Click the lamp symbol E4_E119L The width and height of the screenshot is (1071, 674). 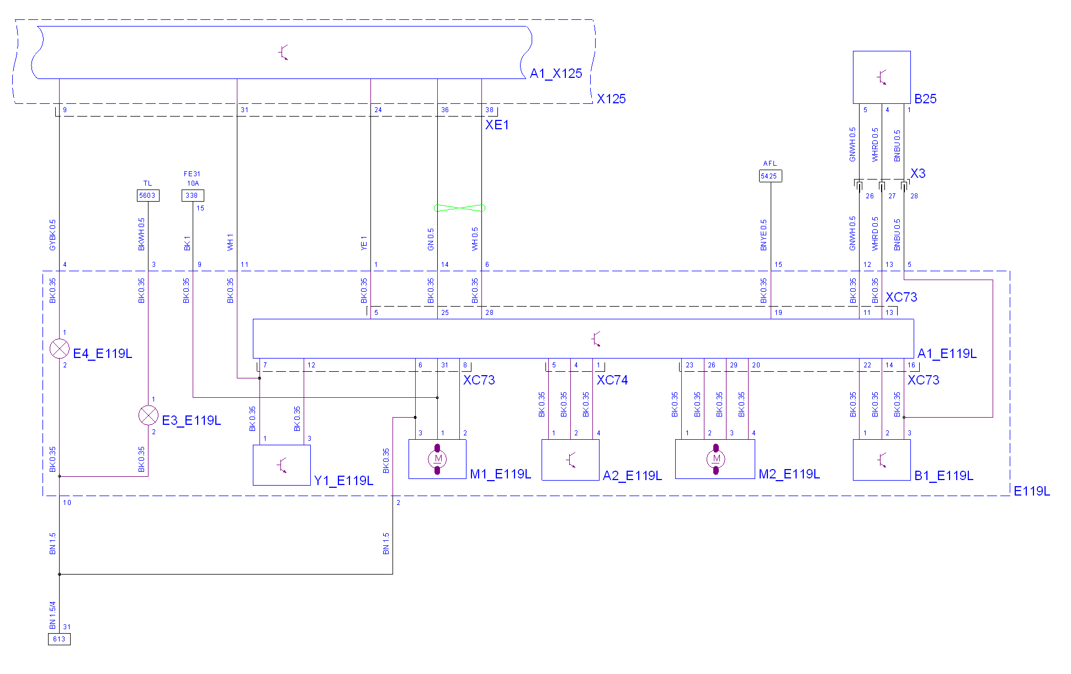coord(60,349)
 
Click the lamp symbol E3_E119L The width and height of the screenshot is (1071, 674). coord(148,415)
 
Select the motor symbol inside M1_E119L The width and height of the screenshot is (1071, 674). coord(438,459)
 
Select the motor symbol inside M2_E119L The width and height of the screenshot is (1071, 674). coord(716,459)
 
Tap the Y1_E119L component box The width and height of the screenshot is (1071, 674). coord(282,465)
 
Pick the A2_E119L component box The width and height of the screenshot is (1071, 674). coord(570,460)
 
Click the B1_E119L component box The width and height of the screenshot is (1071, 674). coord(882,460)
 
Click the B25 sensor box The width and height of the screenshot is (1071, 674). coord(882,77)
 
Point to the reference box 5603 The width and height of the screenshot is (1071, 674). coord(148,196)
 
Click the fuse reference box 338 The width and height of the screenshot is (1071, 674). coord(193,196)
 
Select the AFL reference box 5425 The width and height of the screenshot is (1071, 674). coord(770,176)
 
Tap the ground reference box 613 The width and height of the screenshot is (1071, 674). coord(59,639)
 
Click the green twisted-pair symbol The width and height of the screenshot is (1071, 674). coord(460,208)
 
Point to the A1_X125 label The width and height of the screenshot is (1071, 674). coord(556,73)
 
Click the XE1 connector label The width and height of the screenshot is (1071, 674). coord(497,125)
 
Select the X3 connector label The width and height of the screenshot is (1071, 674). coord(918,173)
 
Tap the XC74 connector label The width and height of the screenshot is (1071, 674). coord(612,380)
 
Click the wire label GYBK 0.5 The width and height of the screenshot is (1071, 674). coord(53,235)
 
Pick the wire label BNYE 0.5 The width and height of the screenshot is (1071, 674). coord(764,235)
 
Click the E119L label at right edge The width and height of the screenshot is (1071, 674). coord(1032,491)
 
